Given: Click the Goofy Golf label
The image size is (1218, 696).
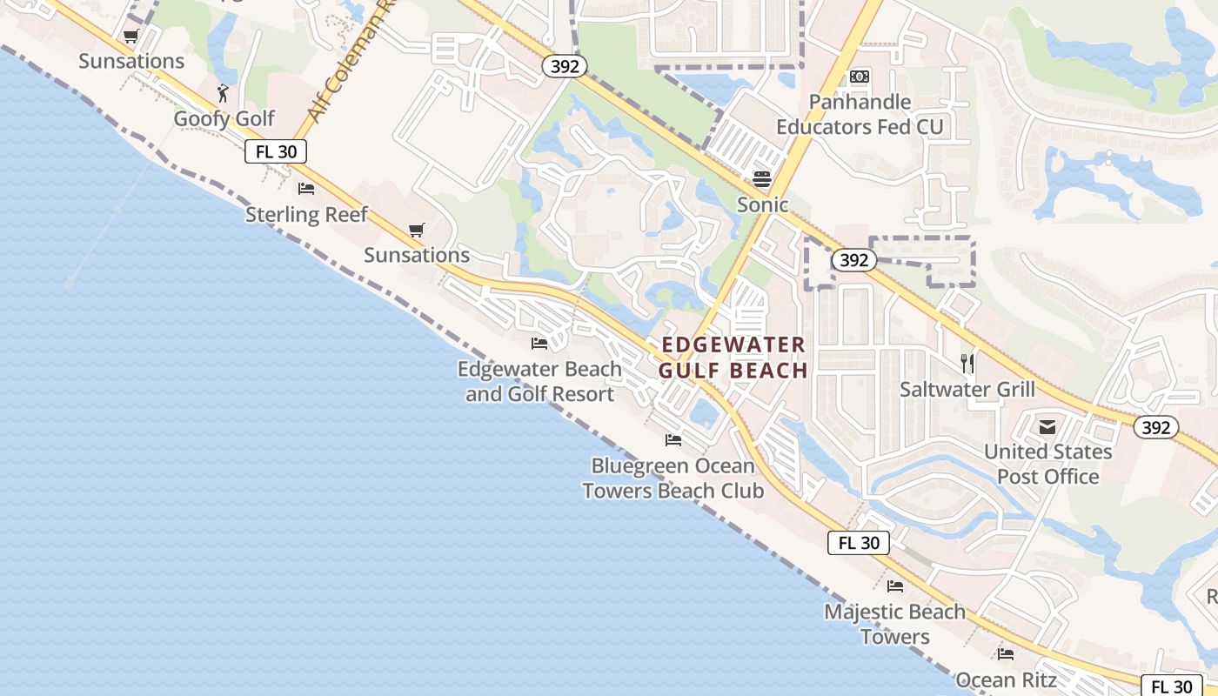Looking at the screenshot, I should [x=224, y=118].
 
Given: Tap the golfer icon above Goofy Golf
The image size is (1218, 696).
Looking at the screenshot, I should [x=224, y=91].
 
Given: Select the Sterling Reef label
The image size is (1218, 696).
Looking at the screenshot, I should [x=306, y=214].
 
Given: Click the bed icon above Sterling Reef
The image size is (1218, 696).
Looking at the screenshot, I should [x=306, y=188].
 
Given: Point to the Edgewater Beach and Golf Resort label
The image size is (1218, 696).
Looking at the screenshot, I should [x=539, y=381].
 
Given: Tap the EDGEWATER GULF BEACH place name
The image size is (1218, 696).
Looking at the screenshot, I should [x=733, y=358].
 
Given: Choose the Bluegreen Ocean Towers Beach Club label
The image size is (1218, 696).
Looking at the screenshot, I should [x=673, y=478].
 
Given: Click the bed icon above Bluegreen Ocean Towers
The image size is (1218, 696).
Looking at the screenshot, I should [x=673, y=440].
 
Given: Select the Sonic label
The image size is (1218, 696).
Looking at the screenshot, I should [x=762, y=204].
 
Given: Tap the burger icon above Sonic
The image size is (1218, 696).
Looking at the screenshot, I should [x=762, y=178].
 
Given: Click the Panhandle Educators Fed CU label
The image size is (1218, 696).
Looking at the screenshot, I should [x=860, y=114].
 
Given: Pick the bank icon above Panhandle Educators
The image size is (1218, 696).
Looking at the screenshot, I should [x=860, y=77].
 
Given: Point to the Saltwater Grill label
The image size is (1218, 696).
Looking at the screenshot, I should [x=967, y=389].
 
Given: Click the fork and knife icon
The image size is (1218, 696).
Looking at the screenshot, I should [x=967, y=362].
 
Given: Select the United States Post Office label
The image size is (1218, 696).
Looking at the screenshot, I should [x=1047, y=464].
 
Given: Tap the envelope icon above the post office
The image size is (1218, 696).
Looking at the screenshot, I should [x=1047, y=426].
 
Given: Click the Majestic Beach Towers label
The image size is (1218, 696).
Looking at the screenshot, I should [x=894, y=624].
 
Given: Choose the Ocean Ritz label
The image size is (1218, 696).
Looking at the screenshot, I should [x=1006, y=679].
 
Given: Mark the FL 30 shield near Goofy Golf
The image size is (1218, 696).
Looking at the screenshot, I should [x=276, y=151].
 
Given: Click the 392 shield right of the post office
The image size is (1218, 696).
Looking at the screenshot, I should [x=1155, y=427].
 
